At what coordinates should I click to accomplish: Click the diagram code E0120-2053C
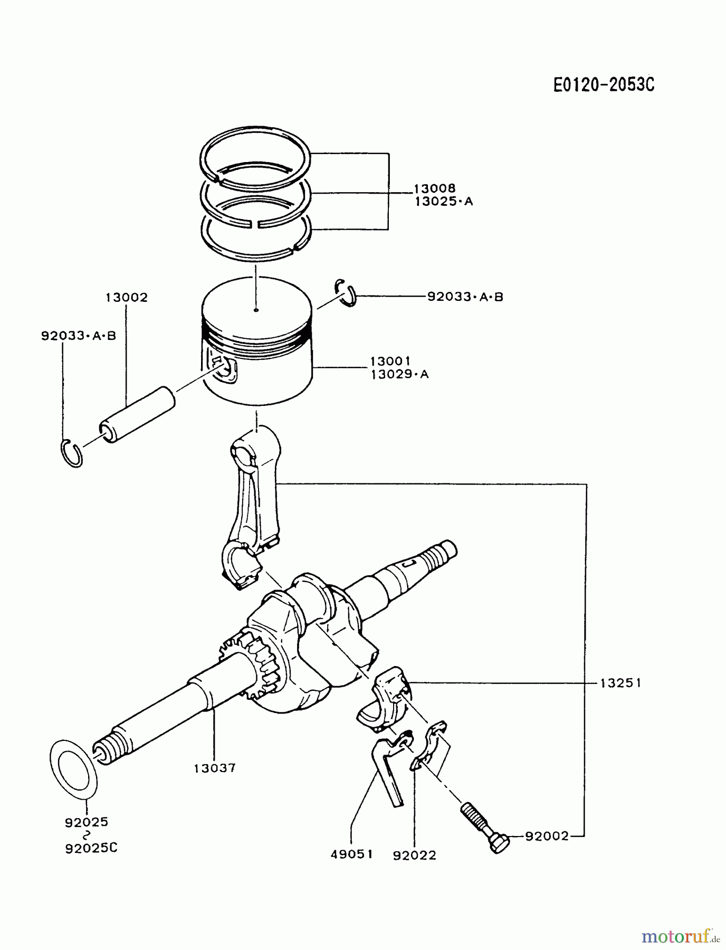(x=604, y=84)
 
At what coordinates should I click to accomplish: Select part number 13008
(x=434, y=188)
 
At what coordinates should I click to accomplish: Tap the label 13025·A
(x=444, y=202)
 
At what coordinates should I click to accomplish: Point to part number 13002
(x=127, y=298)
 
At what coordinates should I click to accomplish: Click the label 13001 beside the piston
(x=390, y=361)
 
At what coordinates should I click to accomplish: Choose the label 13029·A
(x=399, y=375)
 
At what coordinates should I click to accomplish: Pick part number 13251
(x=620, y=683)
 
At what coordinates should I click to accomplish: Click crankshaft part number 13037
(x=214, y=768)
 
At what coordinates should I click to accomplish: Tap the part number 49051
(x=351, y=854)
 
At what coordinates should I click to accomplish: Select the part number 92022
(x=414, y=855)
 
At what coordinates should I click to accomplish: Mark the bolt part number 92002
(x=547, y=836)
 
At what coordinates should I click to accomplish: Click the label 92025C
(x=91, y=848)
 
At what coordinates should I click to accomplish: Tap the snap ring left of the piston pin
(x=71, y=453)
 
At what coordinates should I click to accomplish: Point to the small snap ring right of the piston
(x=346, y=292)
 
